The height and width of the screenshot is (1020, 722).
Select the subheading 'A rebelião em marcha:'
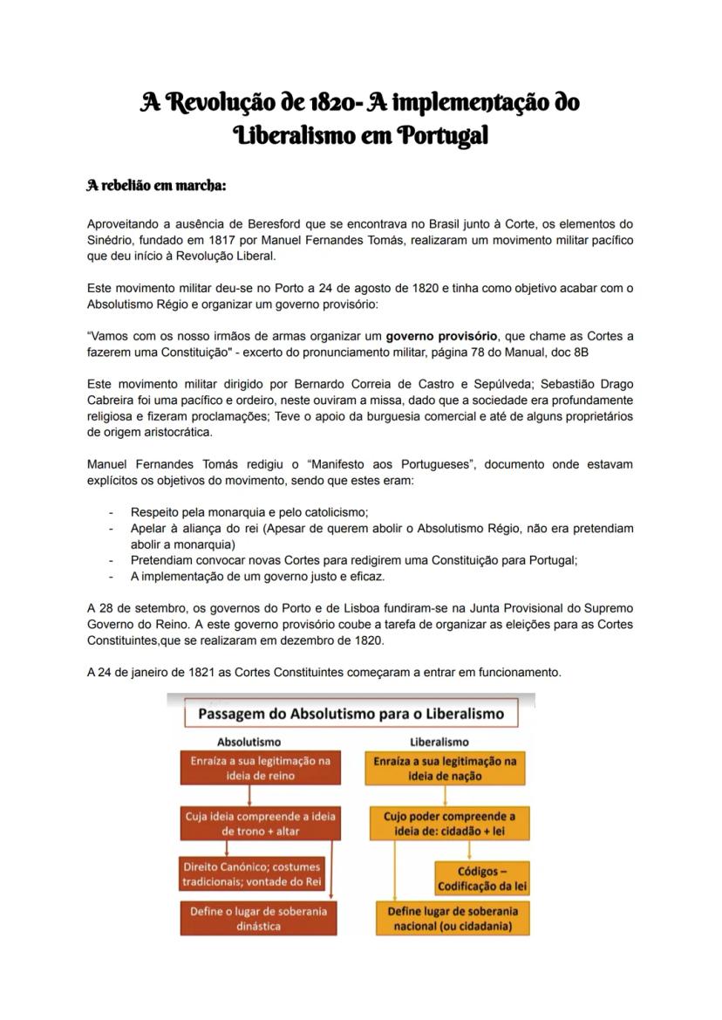click(156, 186)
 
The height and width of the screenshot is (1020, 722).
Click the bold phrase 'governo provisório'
click(442, 335)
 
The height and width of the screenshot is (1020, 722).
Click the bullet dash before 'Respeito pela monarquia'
click(111, 512)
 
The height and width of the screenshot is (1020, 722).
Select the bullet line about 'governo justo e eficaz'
click(257, 577)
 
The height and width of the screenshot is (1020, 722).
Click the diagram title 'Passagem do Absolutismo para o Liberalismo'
click(351, 714)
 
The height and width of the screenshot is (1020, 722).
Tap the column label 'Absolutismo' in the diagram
click(249, 742)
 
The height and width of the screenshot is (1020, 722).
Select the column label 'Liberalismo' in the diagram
click(439, 742)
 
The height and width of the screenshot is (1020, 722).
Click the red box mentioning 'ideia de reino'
click(260, 768)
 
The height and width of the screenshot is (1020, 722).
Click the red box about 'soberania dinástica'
click(258, 918)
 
